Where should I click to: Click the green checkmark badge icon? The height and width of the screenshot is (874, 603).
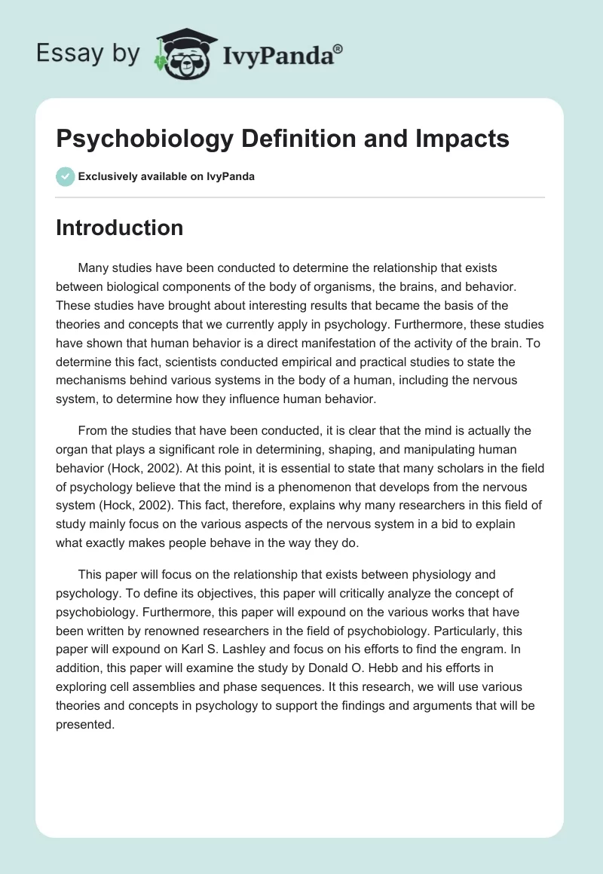tap(65, 177)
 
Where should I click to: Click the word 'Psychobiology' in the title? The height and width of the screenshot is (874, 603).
tap(135, 139)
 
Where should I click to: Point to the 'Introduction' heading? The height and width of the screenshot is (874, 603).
tap(119, 228)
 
